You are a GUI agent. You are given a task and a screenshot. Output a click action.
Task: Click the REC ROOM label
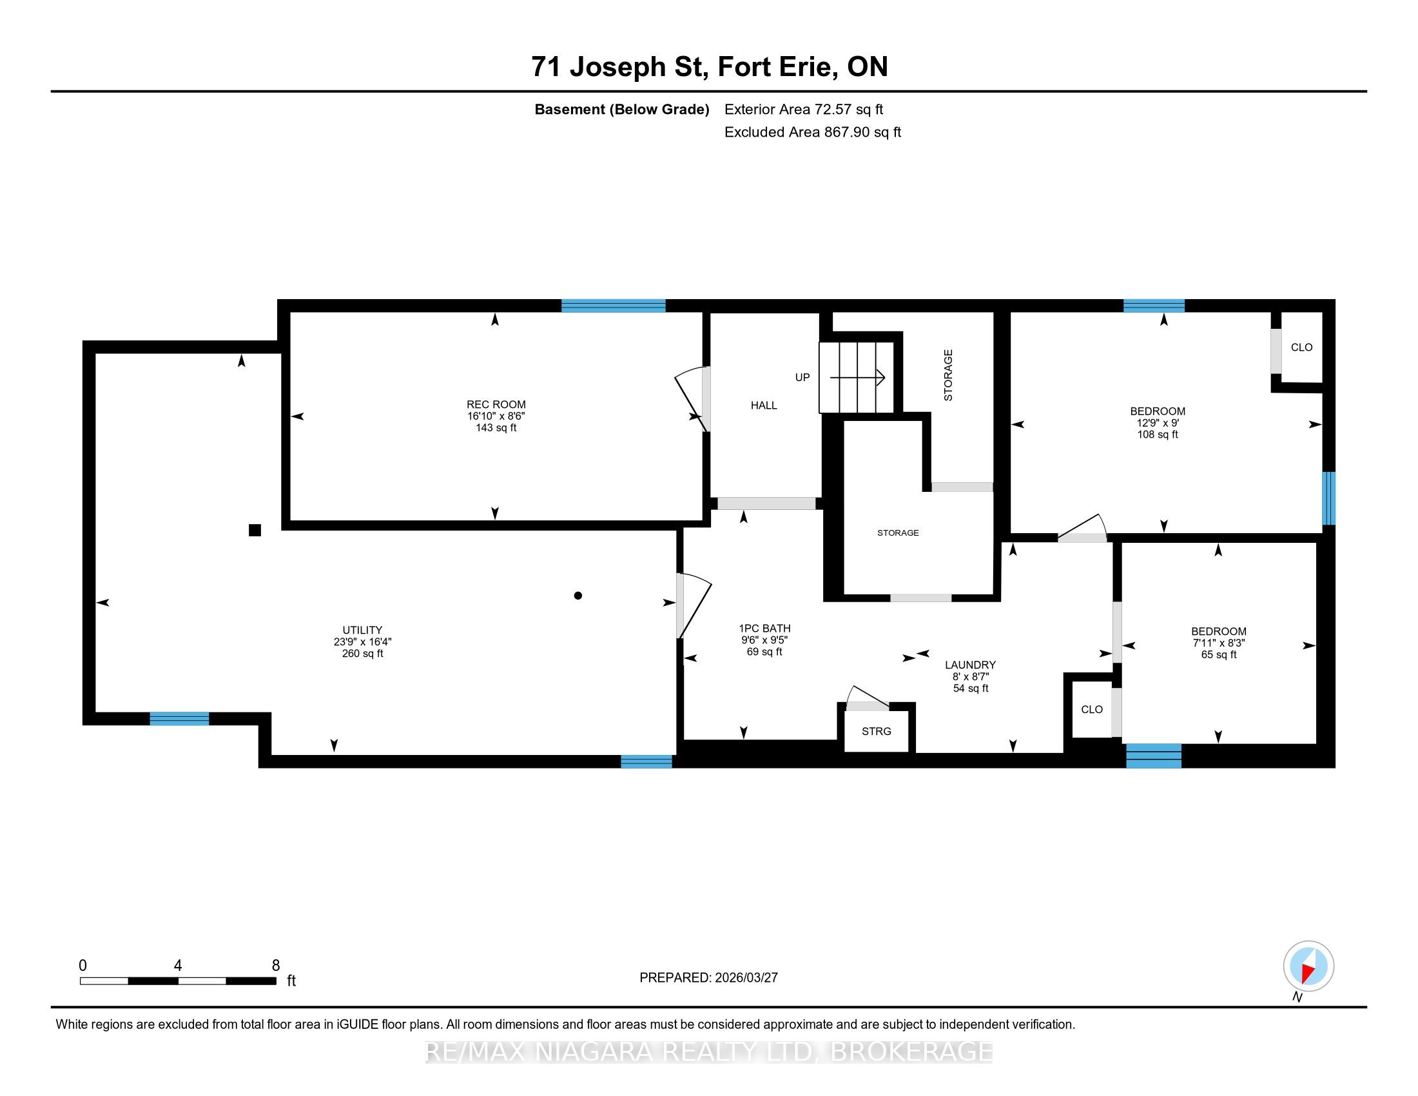[x=496, y=404]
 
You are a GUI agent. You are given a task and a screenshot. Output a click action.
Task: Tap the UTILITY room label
[x=362, y=630]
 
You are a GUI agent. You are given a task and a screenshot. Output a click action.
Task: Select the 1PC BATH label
[x=764, y=628]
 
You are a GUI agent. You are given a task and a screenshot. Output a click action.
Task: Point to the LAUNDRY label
[x=970, y=665]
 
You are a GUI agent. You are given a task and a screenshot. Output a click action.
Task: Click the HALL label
[x=764, y=405]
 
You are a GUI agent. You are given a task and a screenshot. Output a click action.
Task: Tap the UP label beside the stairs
[x=802, y=377]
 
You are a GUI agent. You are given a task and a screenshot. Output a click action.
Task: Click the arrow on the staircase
[x=858, y=377]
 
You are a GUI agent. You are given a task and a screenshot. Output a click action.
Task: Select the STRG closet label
[x=876, y=731]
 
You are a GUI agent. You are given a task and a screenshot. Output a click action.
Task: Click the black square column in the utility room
[x=255, y=531]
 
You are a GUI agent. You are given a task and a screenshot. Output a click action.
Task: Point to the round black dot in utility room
[x=578, y=596]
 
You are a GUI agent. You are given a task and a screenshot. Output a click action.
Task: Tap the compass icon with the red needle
[x=1308, y=966]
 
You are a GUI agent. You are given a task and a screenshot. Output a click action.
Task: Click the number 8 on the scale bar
[x=276, y=966]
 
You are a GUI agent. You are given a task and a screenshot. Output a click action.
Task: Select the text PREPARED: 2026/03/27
[x=708, y=977]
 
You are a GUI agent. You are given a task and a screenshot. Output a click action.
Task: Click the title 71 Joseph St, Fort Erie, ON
[x=709, y=66]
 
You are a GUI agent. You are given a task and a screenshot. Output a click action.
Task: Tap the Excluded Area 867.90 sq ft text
[x=812, y=132]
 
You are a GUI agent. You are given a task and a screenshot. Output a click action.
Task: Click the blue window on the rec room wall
[x=613, y=306]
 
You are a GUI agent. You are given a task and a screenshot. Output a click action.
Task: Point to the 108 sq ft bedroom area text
[x=1158, y=435]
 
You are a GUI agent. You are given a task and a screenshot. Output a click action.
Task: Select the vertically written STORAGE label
[x=948, y=375]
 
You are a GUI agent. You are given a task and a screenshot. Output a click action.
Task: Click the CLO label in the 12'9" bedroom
[x=1301, y=347]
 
